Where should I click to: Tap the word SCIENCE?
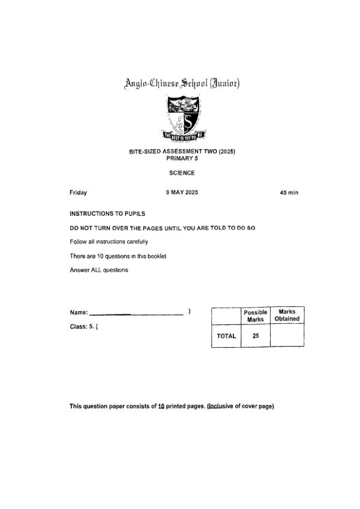[x=182, y=173]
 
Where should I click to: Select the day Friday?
[x=78, y=192]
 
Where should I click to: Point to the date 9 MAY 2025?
[x=182, y=192]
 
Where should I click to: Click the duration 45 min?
[x=289, y=192]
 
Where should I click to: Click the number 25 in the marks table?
[x=256, y=336]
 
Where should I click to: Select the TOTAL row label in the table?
[x=226, y=336]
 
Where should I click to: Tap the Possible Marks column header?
[x=256, y=316]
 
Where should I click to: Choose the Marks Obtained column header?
[x=287, y=315]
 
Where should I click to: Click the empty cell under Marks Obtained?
[x=287, y=336]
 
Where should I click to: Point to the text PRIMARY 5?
[x=182, y=158]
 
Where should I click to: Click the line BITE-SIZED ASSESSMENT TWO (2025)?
[x=182, y=152]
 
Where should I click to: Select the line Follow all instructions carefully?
[x=109, y=242]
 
